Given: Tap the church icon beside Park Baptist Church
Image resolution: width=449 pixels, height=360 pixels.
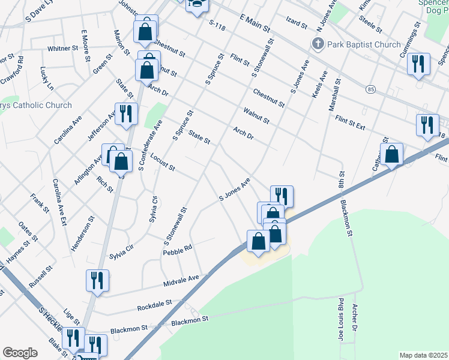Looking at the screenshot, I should pos(318,44).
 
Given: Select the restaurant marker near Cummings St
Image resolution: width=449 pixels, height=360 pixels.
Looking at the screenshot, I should pos(418,64).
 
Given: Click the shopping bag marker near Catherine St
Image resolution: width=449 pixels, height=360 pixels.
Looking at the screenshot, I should pos(391,154).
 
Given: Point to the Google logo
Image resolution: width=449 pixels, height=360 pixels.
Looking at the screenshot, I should pos(20,353).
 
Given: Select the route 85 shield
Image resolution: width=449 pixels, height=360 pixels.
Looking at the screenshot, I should pos(370,89).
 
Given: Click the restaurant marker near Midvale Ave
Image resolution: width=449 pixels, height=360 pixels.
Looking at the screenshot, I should pos(95,280).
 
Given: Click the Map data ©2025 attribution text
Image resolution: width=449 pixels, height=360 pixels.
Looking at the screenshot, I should pos(423,355).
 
